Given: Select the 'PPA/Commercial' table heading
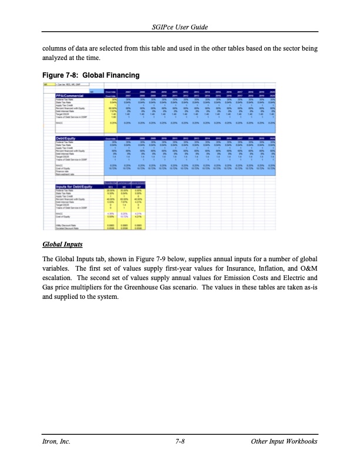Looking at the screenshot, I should pos(73,96).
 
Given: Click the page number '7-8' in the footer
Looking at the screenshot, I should pos(180,441).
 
